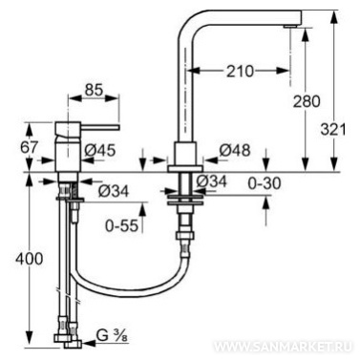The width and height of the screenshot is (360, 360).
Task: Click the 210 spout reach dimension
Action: (241, 72)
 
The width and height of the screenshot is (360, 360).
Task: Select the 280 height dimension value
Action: (307, 101)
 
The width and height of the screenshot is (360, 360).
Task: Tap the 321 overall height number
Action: (332, 129)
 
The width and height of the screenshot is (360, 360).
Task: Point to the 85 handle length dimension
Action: (94, 90)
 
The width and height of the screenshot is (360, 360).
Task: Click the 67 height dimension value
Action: (30, 147)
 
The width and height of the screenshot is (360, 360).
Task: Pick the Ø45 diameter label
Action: (99, 150)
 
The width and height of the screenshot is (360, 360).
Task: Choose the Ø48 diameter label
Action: (235, 150)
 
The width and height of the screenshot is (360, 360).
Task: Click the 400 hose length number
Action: (29, 259)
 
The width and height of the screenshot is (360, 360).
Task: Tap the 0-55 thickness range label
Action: (122, 225)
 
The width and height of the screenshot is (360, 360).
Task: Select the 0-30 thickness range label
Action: (265, 183)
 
